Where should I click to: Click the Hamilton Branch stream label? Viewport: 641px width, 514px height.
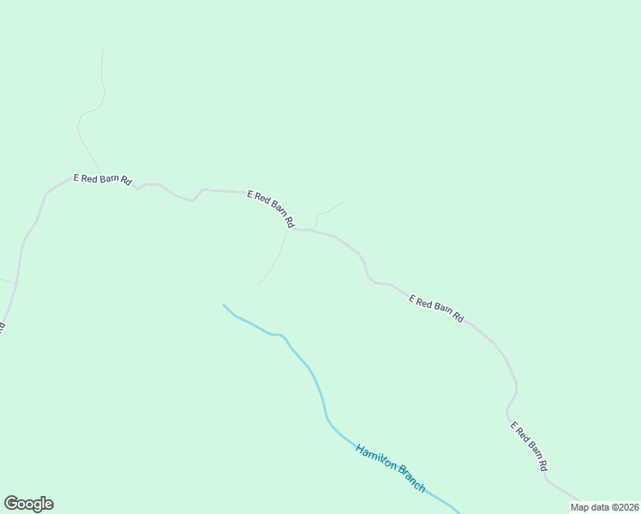pyautogui.click(x=390, y=467)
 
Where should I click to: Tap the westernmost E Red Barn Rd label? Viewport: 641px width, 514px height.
pyautogui.click(x=102, y=179)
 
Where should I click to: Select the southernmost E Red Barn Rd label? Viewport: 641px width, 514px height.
pyautogui.click(x=529, y=446)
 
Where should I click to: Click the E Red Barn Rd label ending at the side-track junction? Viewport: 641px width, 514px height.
pyautogui.click(x=271, y=209)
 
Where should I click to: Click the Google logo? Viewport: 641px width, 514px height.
pyautogui.click(x=28, y=504)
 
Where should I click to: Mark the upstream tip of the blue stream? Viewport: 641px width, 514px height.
pyautogui.click(x=224, y=305)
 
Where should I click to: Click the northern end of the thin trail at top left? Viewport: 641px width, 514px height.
pyautogui.click(x=103, y=49)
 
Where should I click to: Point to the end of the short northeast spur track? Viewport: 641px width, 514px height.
pyautogui.click(x=342, y=203)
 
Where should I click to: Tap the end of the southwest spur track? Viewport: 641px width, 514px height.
pyautogui.click(x=259, y=284)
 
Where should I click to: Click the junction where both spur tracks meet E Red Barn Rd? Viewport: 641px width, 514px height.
pyautogui.click(x=290, y=230)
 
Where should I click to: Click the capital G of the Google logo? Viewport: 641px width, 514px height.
pyautogui.click(x=11, y=504)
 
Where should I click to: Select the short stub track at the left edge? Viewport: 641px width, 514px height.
pyautogui.click(x=7, y=280)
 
